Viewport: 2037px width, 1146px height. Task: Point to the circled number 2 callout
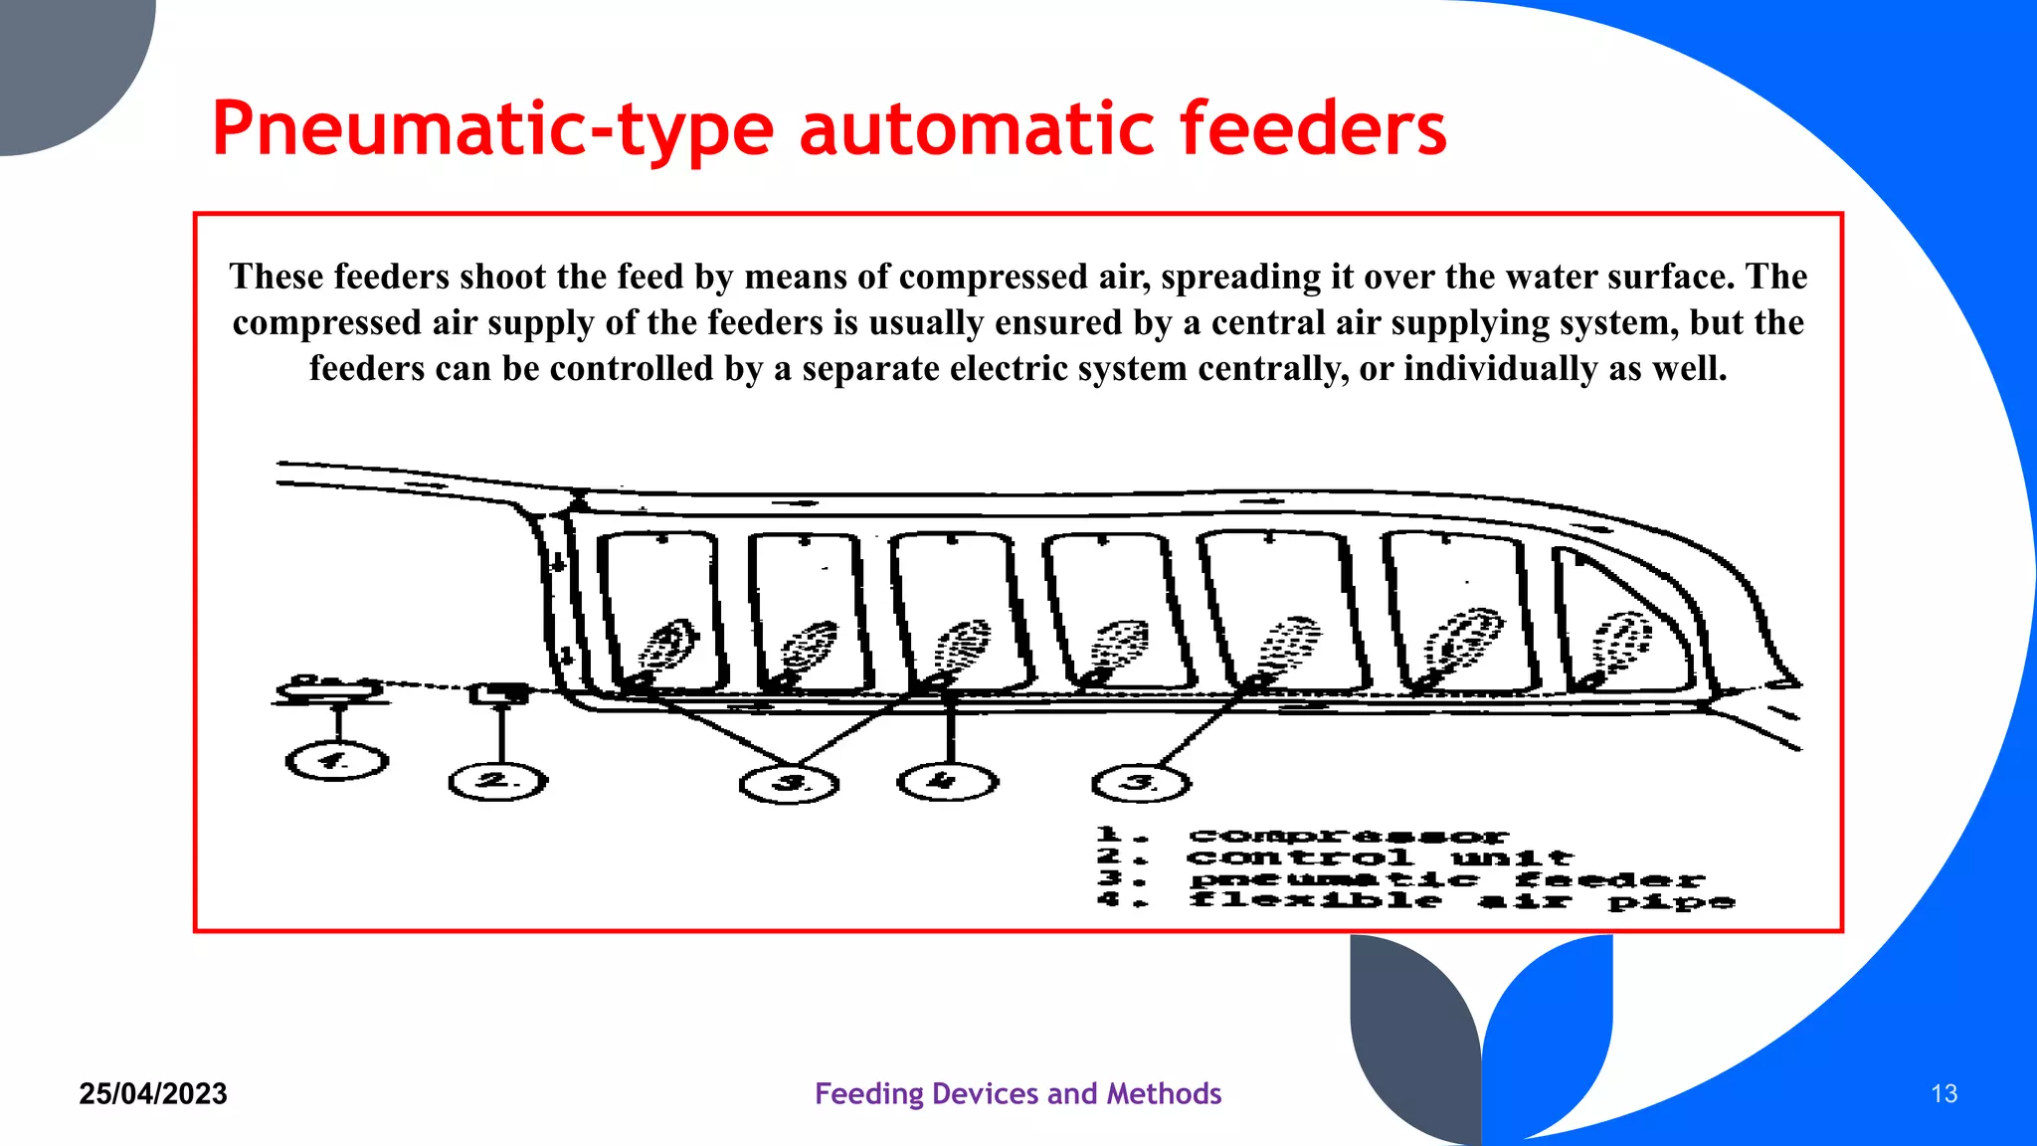click(497, 782)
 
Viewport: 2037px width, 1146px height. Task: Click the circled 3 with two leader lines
click(790, 784)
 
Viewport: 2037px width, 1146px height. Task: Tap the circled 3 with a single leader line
click(1141, 784)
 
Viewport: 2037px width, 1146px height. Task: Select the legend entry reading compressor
click(1348, 837)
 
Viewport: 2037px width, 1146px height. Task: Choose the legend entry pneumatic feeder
click(1447, 879)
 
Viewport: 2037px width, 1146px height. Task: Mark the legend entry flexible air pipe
click(1462, 901)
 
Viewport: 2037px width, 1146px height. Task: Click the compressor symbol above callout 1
click(328, 688)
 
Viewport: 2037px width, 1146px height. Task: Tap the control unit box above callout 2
click(498, 692)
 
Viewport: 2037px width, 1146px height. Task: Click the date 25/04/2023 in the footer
click(153, 1094)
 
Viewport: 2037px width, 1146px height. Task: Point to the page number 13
click(1944, 1094)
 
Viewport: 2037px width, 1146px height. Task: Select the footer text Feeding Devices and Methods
click(1018, 1094)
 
